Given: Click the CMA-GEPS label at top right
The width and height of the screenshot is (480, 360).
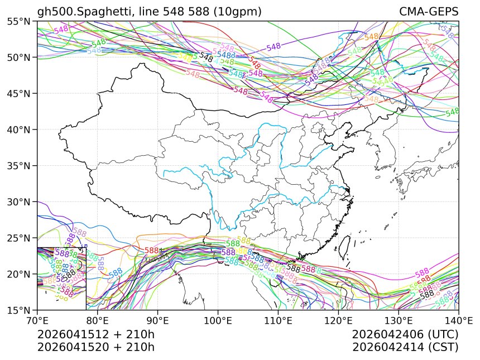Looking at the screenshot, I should pyautogui.click(x=428, y=12).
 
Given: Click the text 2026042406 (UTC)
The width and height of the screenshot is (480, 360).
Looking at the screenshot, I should pyautogui.click(x=405, y=334).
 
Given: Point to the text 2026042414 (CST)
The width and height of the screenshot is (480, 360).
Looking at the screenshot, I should pyautogui.click(x=405, y=347).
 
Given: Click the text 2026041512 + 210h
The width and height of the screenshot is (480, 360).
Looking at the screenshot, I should pyautogui.click(x=95, y=334).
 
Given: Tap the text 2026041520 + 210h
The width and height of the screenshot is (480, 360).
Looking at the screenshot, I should pyautogui.click(x=95, y=347).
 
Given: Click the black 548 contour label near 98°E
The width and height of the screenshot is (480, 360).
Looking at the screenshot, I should pyautogui.click(x=206, y=57).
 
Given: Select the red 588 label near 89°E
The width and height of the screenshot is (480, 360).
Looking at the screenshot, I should pyautogui.click(x=152, y=251).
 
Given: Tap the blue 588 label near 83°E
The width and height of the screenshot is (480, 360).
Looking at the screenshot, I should pyautogui.click(x=116, y=273).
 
